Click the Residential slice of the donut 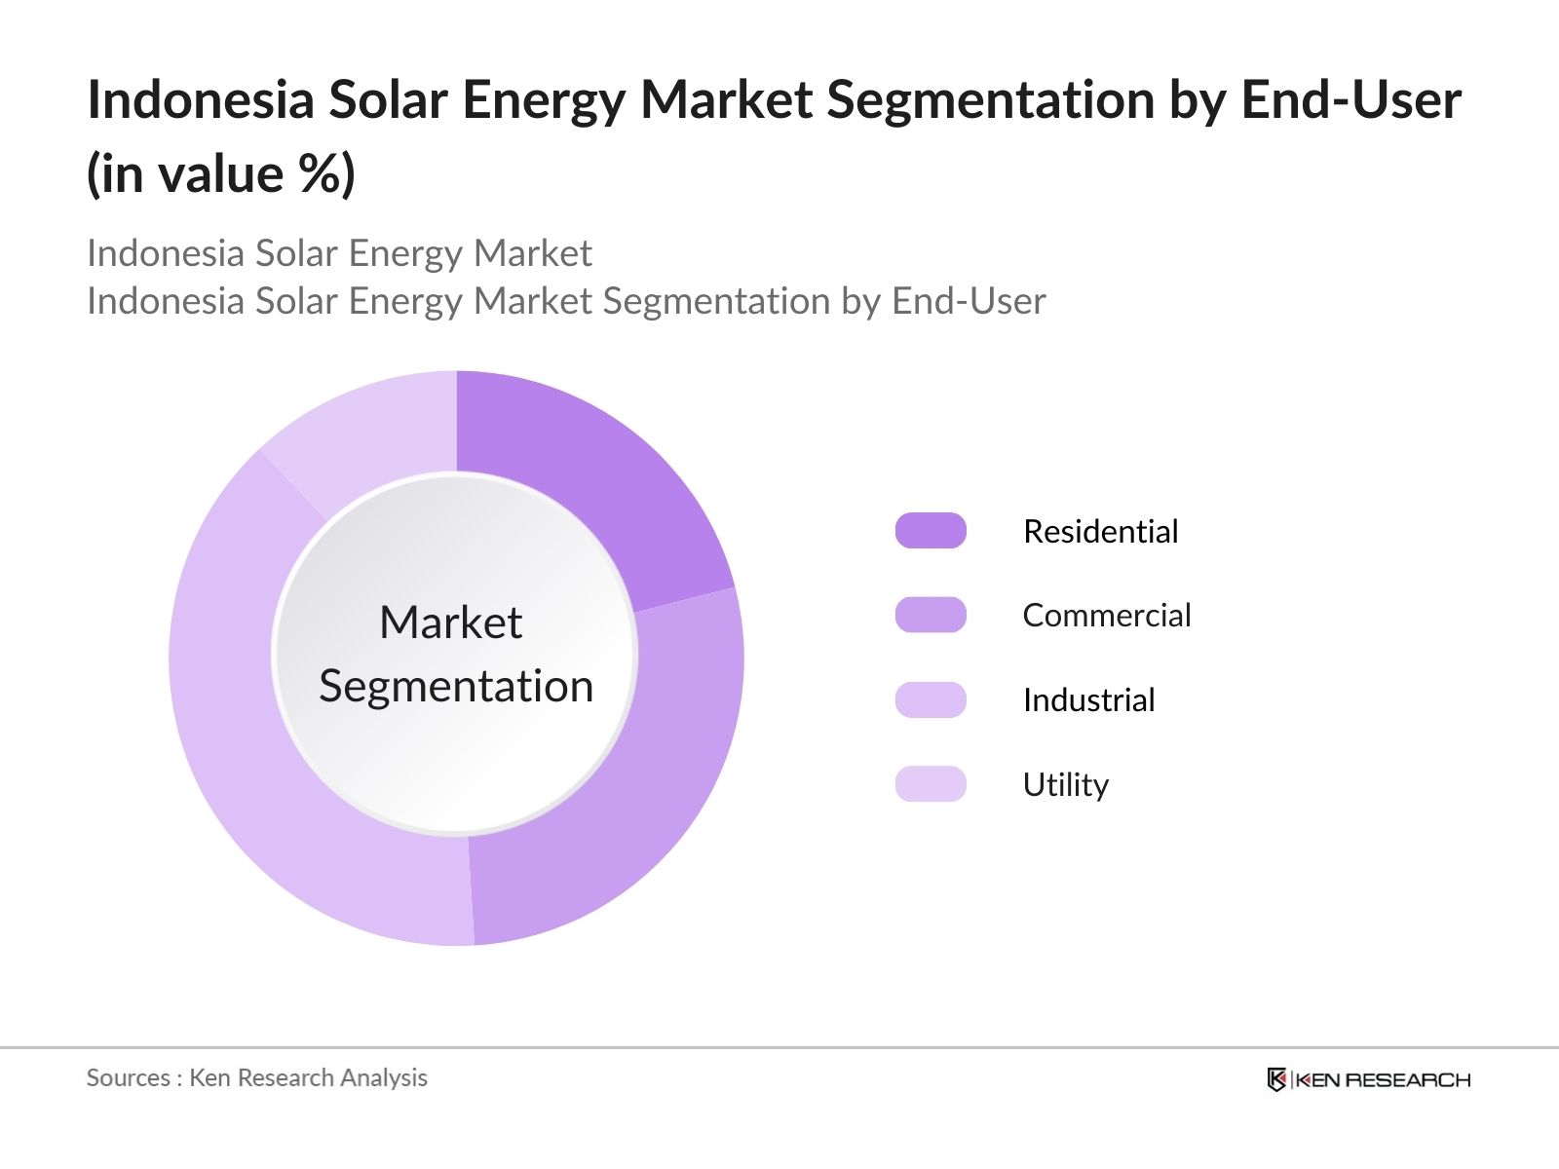[x=585, y=477]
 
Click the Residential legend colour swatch [x=931, y=531]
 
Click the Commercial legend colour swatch [x=931, y=616]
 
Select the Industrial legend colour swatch [x=931, y=699]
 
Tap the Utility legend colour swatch [x=931, y=784]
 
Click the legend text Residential [x=1100, y=532]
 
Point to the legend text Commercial [x=1106, y=616]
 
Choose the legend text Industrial [x=1088, y=700]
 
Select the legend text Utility [x=1065, y=785]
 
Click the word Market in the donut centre [x=450, y=622]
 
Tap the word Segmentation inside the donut [x=456, y=687]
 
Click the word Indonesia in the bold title [x=200, y=99]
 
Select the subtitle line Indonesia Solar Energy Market [x=339, y=253]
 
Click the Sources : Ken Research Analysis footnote [x=256, y=1077]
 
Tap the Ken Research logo [x=1368, y=1079]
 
